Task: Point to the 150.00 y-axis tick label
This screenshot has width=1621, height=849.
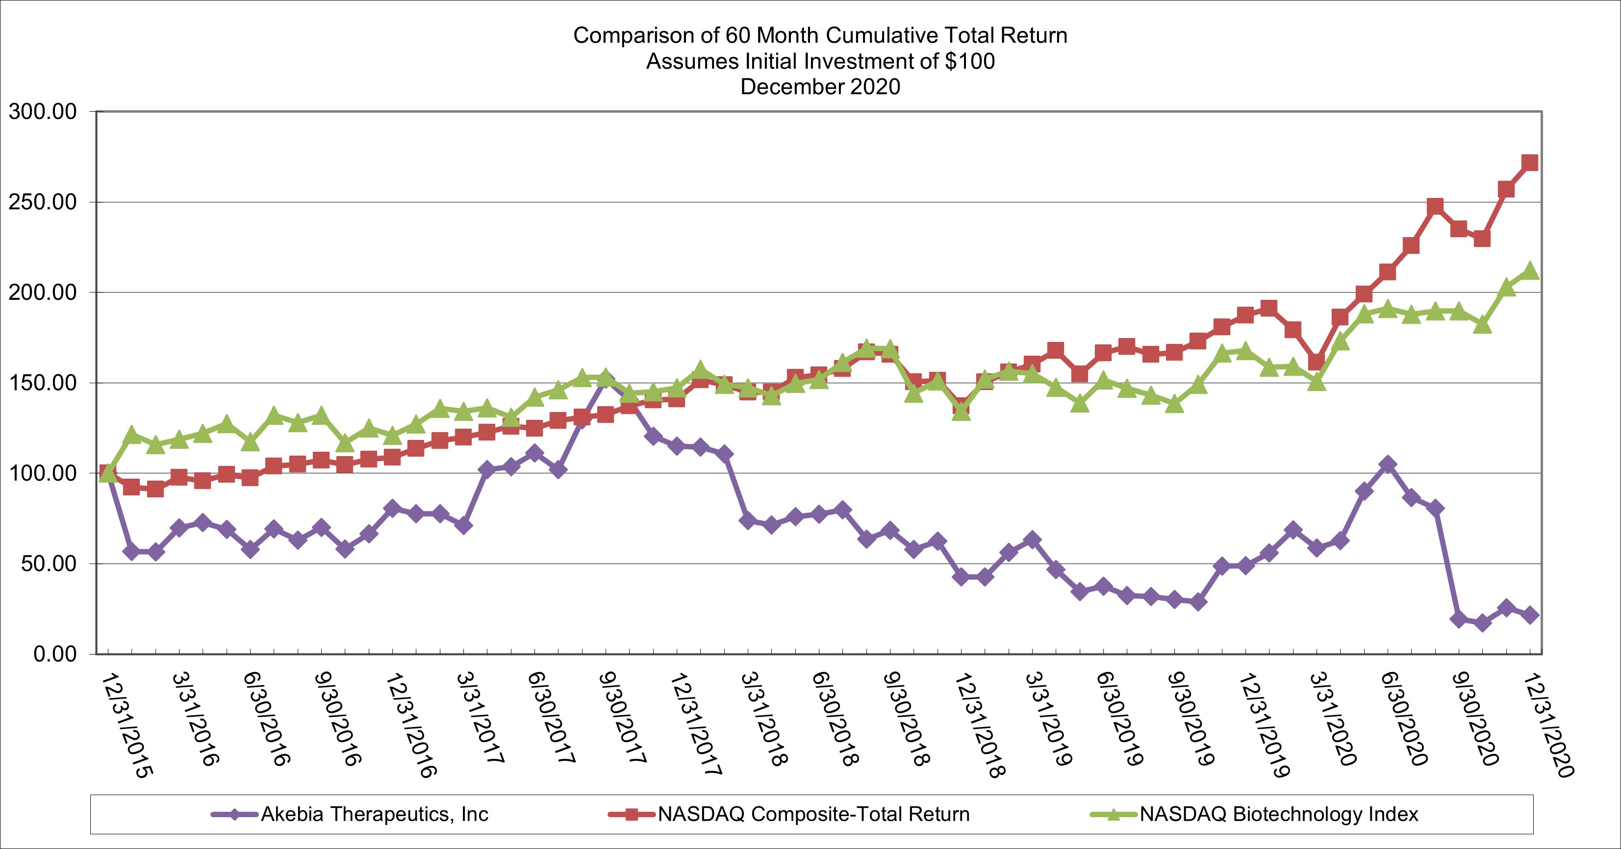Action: point(43,383)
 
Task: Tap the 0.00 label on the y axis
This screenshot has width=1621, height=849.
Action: point(55,654)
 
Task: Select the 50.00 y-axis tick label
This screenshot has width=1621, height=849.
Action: point(49,563)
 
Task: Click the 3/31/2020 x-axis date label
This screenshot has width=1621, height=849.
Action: point(1333,719)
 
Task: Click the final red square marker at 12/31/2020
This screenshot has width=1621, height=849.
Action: point(1530,163)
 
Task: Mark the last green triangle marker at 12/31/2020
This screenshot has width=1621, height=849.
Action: point(1530,271)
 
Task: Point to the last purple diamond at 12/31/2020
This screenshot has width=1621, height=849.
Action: point(1530,615)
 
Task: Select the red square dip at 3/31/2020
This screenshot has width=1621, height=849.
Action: point(1317,362)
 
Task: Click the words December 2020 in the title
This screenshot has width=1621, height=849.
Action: point(820,87)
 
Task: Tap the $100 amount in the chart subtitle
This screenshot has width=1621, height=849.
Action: point(970,61)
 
